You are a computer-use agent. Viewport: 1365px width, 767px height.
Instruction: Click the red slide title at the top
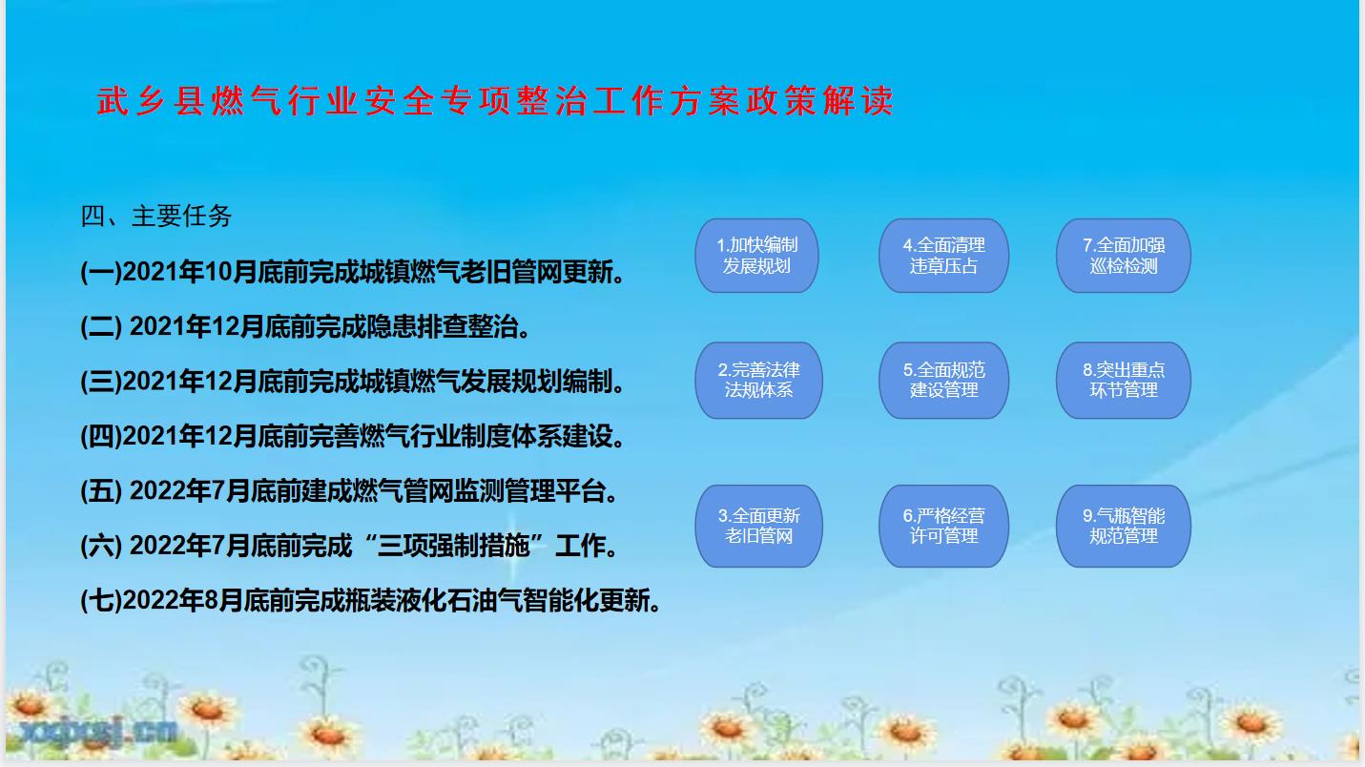click(495, 100)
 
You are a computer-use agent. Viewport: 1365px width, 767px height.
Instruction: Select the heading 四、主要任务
click(156, 217)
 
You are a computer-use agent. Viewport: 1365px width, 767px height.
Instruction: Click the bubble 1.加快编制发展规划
click(756, 256)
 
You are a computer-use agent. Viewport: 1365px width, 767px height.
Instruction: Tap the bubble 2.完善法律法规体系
click(758, 380)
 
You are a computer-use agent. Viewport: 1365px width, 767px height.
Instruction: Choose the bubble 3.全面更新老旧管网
click(758, 526)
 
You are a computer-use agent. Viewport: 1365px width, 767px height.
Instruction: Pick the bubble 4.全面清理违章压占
click(943, 256)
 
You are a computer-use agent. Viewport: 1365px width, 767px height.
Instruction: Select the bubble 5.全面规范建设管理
click(943, 380)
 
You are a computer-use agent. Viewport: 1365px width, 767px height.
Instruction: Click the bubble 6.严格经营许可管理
click(943, 526)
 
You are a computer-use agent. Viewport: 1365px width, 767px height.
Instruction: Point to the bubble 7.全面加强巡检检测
click(1123, 256)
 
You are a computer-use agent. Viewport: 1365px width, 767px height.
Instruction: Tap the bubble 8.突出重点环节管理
click(1123, 380)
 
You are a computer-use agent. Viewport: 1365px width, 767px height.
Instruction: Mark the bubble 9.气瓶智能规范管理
click(1123, 526)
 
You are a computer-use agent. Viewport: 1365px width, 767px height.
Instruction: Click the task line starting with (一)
click(353, 272)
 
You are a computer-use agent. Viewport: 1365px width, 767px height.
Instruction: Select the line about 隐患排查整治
click(305, 326)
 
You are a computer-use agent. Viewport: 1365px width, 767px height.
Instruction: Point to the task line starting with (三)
click(353, 382)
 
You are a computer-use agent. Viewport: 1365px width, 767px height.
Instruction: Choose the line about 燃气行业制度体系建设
click(353, 436)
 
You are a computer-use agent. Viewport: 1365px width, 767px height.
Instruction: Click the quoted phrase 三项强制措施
click(453, 546)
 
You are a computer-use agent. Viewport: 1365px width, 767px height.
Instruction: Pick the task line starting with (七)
click(371, 601)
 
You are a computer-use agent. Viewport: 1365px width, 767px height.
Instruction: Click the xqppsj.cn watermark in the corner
click(98, 731)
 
